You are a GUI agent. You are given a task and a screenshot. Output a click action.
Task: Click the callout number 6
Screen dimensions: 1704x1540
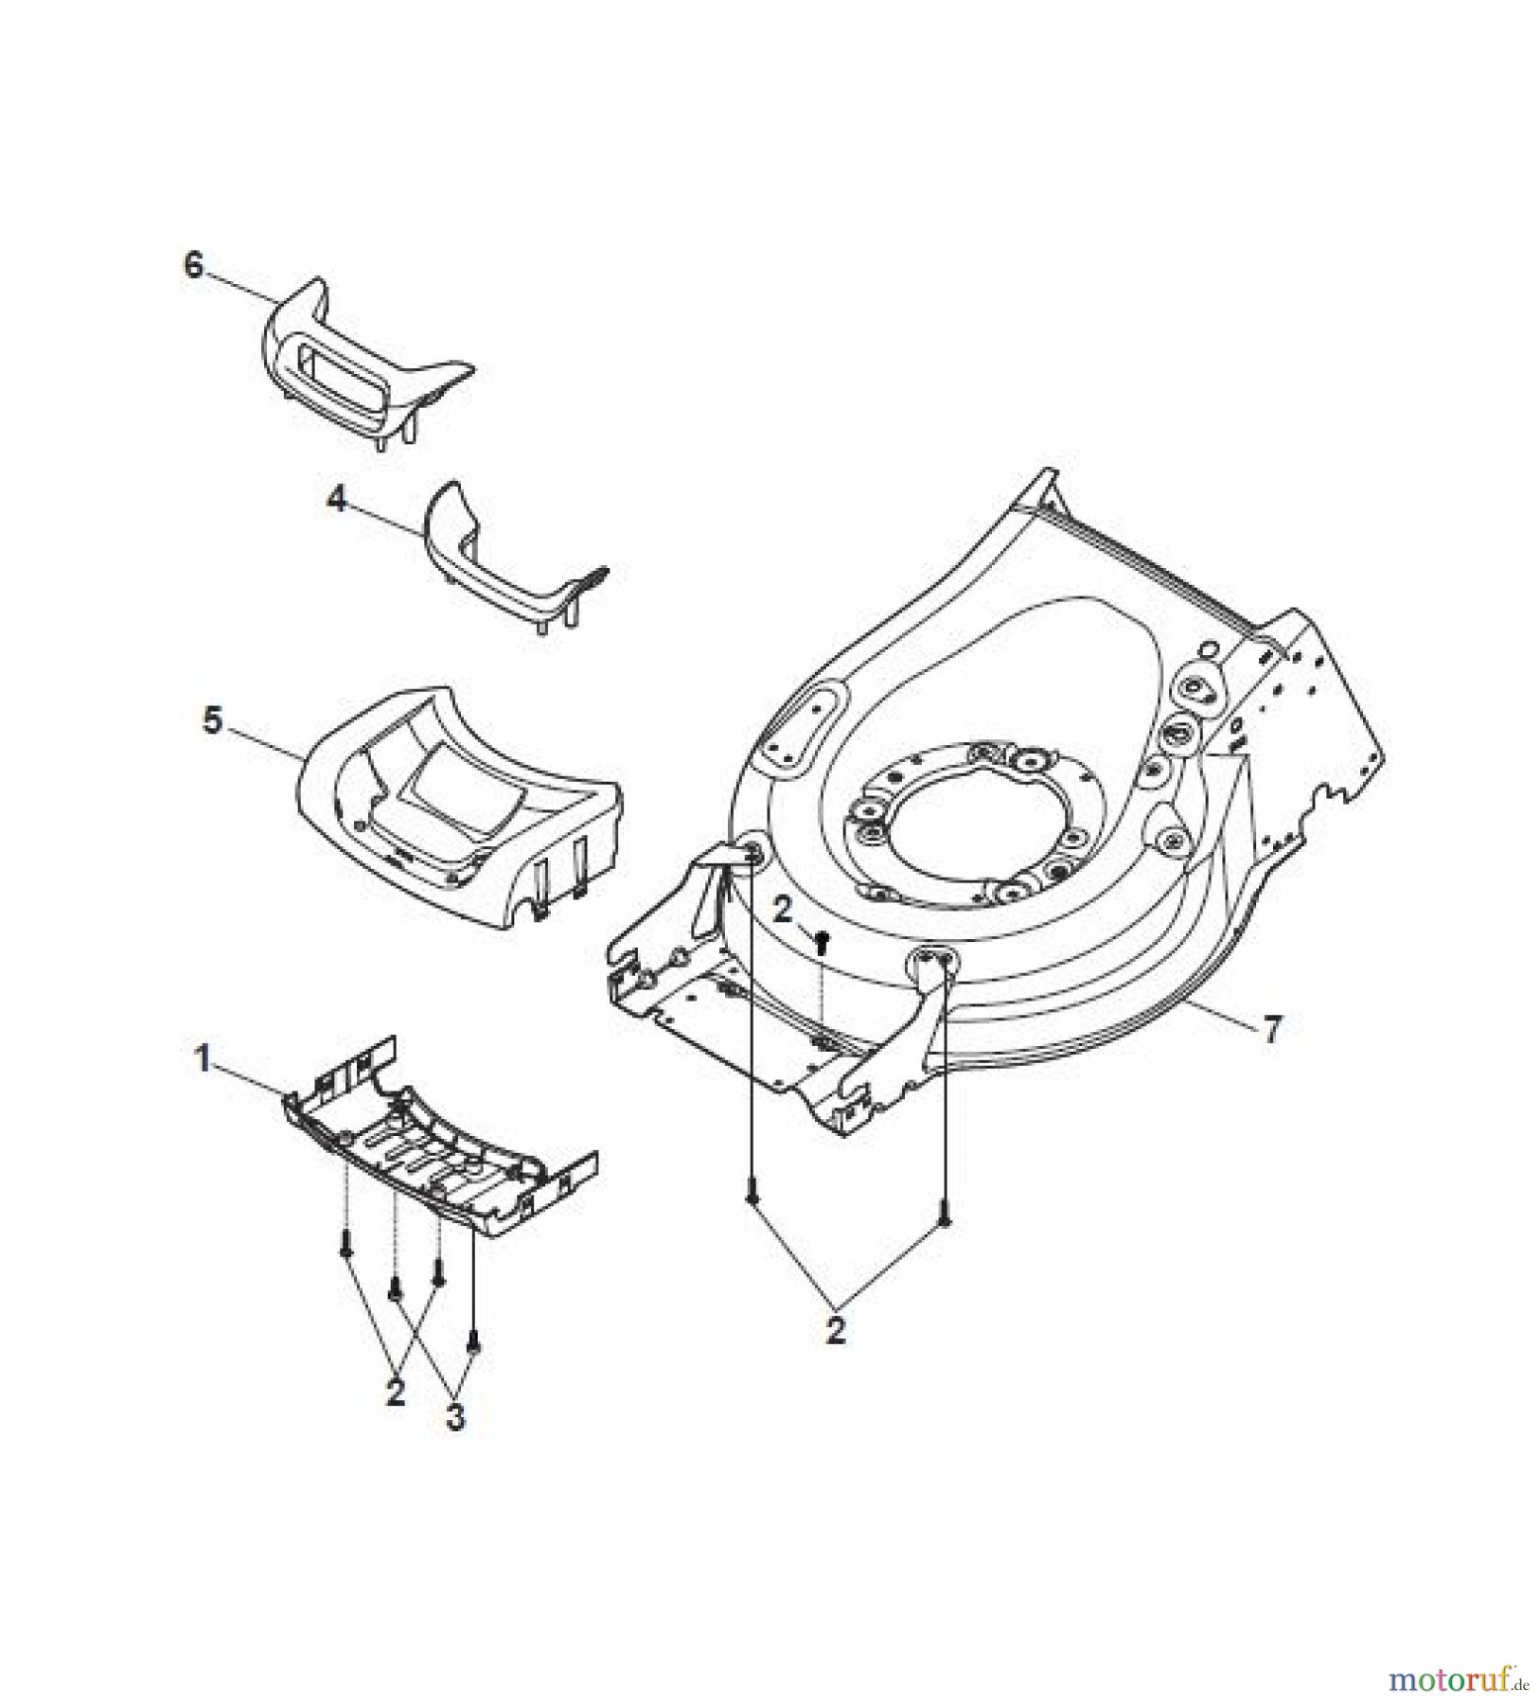[x=193, y=267]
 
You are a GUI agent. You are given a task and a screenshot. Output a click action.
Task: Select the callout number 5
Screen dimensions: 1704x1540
[x=213, y=721]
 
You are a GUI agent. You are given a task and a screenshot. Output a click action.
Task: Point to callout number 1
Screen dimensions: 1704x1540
[x=202, y=1060]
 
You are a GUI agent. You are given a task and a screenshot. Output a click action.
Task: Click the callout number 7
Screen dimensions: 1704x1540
[x=1273, y=1029]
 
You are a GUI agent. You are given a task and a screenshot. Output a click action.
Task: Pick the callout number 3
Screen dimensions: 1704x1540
[x=455, y=1418]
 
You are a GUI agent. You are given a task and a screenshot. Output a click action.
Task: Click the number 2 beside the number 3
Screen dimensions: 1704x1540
[x=396, y=1392]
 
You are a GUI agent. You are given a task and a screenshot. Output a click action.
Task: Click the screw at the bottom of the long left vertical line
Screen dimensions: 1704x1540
[x=752, y=1198]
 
